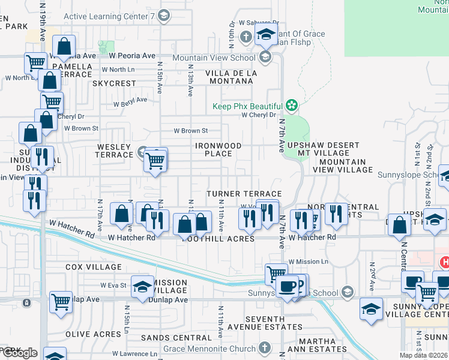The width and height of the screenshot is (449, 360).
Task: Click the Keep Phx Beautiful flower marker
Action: [x=292, y=106]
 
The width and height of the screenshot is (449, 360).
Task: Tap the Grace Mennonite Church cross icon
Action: [x=265, y=348]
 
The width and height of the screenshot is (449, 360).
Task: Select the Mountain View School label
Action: [x=213, y=58]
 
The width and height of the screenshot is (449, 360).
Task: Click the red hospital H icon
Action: [x=445, y=262]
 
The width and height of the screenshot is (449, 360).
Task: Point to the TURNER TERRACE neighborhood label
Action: [x=240, y=194]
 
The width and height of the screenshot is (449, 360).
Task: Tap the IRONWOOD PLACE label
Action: [x=219, y=150]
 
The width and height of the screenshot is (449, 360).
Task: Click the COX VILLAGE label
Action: [x=93, y=267]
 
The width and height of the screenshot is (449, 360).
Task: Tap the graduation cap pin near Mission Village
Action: [x=142, y=289]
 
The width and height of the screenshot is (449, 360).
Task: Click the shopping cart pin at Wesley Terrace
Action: [x=155, y=161]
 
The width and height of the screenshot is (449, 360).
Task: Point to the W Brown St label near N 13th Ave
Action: [x=190, y=130]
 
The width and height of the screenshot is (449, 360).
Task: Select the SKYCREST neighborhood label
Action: [x=115, y=83]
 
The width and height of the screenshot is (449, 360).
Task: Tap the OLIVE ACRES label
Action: [x=93, y=334]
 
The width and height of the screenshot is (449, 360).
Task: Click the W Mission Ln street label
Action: [x=308, y=262]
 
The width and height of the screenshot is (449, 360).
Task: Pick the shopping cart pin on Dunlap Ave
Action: [x=61, y=302]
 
